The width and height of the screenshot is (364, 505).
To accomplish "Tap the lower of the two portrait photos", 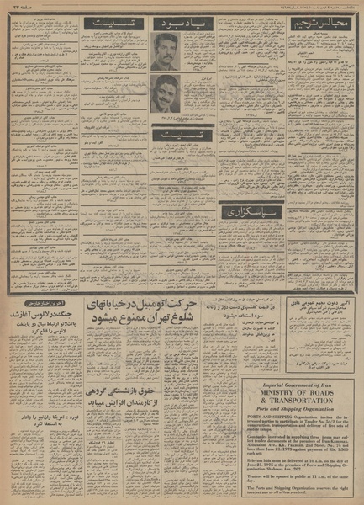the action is tap(166, 93).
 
